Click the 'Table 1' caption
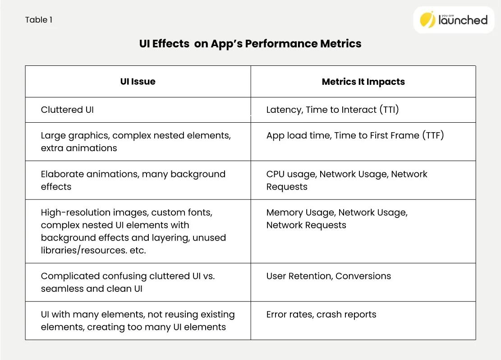coord(39,20)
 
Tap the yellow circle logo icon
coord(427,19)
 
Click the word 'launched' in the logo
coord(463,20)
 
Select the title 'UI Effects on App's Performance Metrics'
coord(250,44)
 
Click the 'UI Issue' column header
coord(138,82)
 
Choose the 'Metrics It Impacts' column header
coord(363,82)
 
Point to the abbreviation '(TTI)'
coord(389,110)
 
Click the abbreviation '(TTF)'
coord(433,135)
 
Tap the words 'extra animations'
coord(79,148)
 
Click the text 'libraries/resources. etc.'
coord(93,250)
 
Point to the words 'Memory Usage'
coord(300,212)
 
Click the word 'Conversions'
coord(363,276)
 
